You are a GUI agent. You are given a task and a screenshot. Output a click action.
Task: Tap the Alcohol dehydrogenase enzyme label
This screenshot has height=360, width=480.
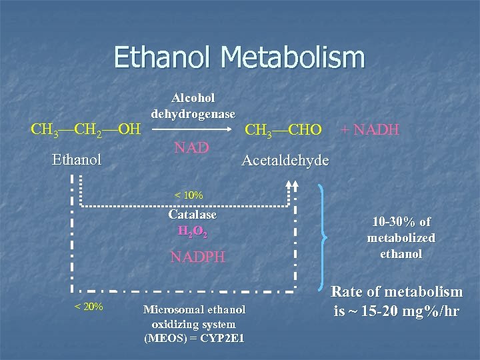193,105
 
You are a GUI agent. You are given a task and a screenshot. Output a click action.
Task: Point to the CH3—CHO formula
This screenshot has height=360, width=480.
283,130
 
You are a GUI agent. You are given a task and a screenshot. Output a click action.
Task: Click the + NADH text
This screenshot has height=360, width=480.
370,129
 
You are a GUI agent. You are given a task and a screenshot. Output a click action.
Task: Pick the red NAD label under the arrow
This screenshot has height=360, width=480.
192,147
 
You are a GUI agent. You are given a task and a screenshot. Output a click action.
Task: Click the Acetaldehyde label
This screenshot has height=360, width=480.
285,160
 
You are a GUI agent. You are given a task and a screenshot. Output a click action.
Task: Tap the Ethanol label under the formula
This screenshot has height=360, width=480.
77,160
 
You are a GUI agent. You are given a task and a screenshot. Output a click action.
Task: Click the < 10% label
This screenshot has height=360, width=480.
189,195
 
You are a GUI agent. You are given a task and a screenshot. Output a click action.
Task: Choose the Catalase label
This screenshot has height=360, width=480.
193,215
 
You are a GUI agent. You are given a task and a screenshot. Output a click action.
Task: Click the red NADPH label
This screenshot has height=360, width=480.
198,257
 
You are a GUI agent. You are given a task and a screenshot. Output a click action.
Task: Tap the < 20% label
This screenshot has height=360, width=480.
88,307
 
